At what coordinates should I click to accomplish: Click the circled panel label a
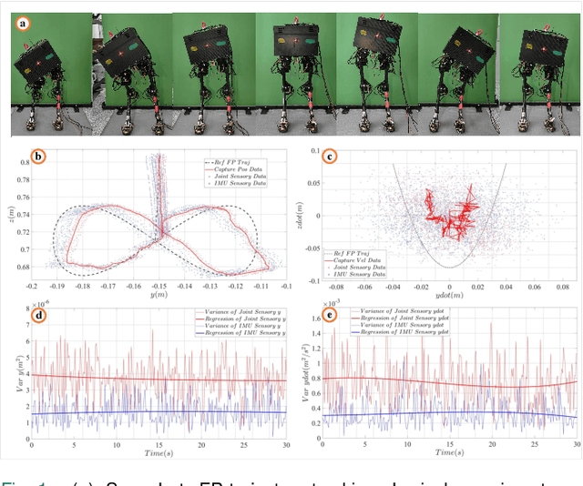point(22,25)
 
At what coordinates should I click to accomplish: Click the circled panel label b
point(38,156)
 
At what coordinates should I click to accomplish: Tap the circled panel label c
point(331,156)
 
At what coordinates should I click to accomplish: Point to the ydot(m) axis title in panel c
point(449,295)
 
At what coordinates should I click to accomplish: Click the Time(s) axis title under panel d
point(159,451)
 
